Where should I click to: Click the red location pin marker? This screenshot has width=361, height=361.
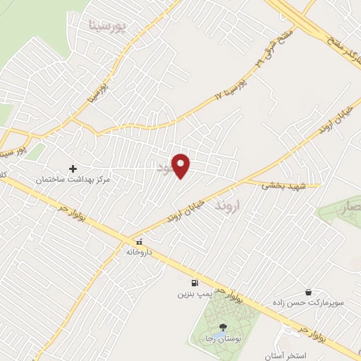[182, 166]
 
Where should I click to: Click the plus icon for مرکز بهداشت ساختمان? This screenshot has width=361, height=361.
[73, 169]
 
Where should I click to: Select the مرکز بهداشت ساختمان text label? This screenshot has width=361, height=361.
[74, 180]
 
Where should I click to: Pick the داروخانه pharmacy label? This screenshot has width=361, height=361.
[139, 251]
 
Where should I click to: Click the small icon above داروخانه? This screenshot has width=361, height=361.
[139, 241]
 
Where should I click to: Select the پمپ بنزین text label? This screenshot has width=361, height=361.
[193, 291]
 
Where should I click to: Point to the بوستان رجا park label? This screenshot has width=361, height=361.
[224, 338]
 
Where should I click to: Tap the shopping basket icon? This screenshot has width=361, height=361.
[308, 292]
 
